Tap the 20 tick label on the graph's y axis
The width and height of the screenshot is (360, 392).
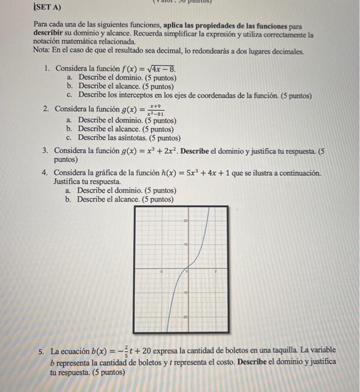185,222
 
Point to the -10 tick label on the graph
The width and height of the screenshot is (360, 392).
184,292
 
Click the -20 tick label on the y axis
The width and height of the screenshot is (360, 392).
184,316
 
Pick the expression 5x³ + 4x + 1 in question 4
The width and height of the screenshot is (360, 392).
199,173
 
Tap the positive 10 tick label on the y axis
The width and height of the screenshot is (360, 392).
185,246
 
